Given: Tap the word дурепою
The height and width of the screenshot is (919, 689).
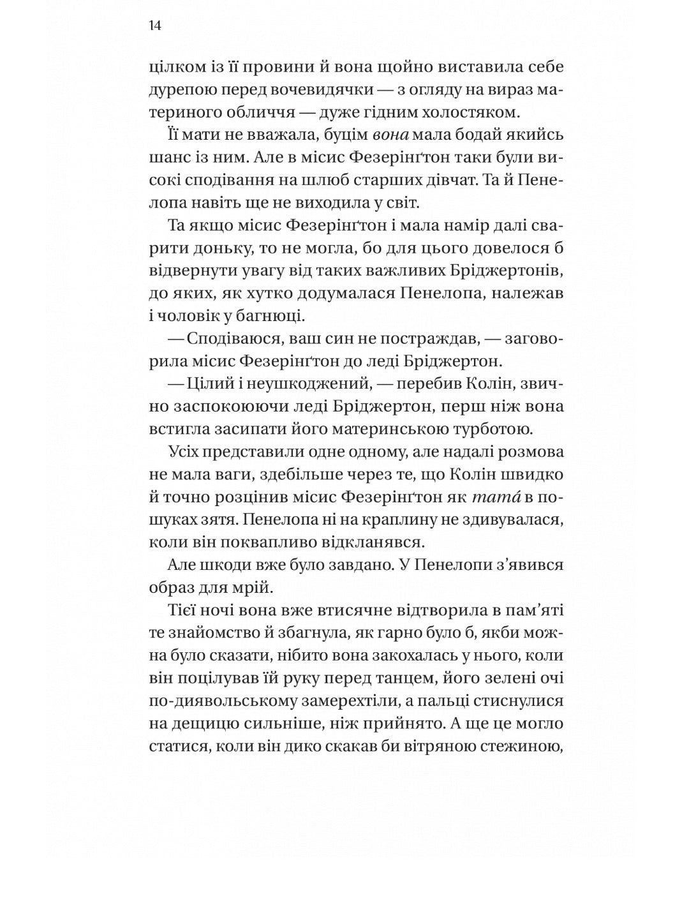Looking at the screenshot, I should tap(180, 90).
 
